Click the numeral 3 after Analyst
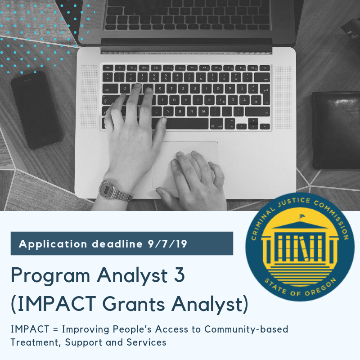point(179,275)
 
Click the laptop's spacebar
point(184,123)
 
